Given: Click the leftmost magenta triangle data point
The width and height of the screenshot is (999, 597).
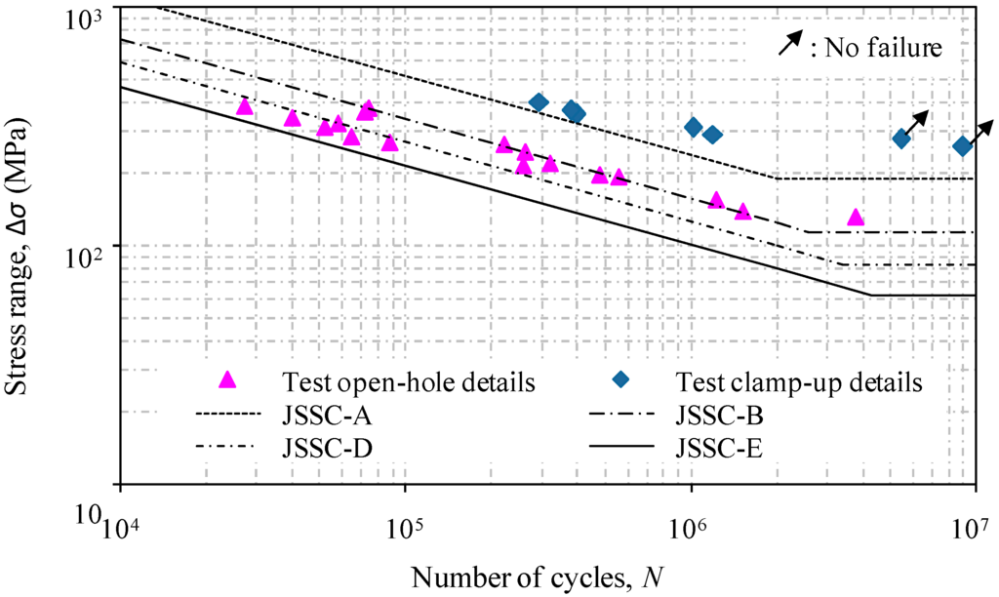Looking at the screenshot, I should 245,106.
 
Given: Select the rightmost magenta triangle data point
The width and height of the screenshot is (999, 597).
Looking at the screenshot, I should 856,218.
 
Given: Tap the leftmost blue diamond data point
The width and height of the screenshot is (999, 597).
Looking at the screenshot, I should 539,102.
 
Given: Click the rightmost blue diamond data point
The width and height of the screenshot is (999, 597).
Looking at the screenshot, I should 963,146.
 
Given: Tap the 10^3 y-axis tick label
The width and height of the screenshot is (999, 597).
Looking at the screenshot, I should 90,18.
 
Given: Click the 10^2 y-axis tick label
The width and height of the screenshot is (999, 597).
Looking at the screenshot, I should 90,256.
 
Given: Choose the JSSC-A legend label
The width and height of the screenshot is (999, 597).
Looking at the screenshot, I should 321,417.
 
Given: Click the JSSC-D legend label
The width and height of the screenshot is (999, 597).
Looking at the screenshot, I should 321,449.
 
